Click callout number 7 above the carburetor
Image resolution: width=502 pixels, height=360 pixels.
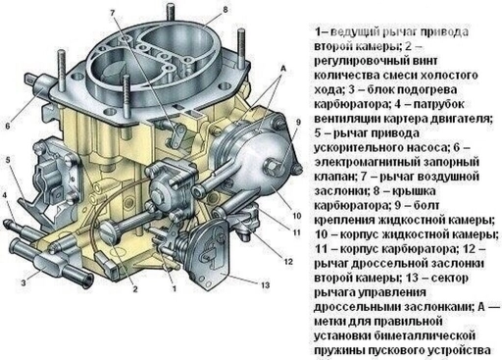click(113, 11)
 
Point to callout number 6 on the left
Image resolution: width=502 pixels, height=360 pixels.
click(8, 126)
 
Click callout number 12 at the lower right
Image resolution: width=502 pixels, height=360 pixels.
click(286, 262)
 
